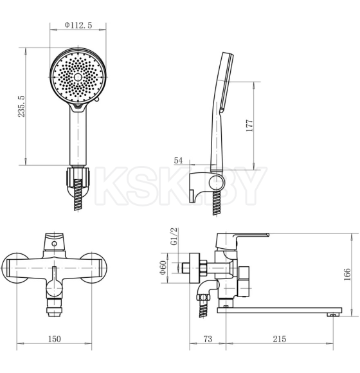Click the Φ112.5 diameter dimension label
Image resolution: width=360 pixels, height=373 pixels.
point(78,25)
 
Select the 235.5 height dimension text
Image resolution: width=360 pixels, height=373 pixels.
point(21,106)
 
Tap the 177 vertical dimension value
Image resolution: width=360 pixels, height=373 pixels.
point(249,125)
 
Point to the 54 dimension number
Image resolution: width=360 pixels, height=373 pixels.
point(178,160)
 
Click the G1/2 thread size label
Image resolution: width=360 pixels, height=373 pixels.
point(174,236)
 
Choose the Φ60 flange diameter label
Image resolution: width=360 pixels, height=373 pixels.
point(163,268)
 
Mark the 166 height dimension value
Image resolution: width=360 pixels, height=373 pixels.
point(347,274)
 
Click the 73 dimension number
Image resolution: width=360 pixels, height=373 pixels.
point(208,339)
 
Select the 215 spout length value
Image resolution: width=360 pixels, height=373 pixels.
point(280,339)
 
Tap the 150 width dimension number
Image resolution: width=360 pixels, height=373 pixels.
point(55,339)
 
